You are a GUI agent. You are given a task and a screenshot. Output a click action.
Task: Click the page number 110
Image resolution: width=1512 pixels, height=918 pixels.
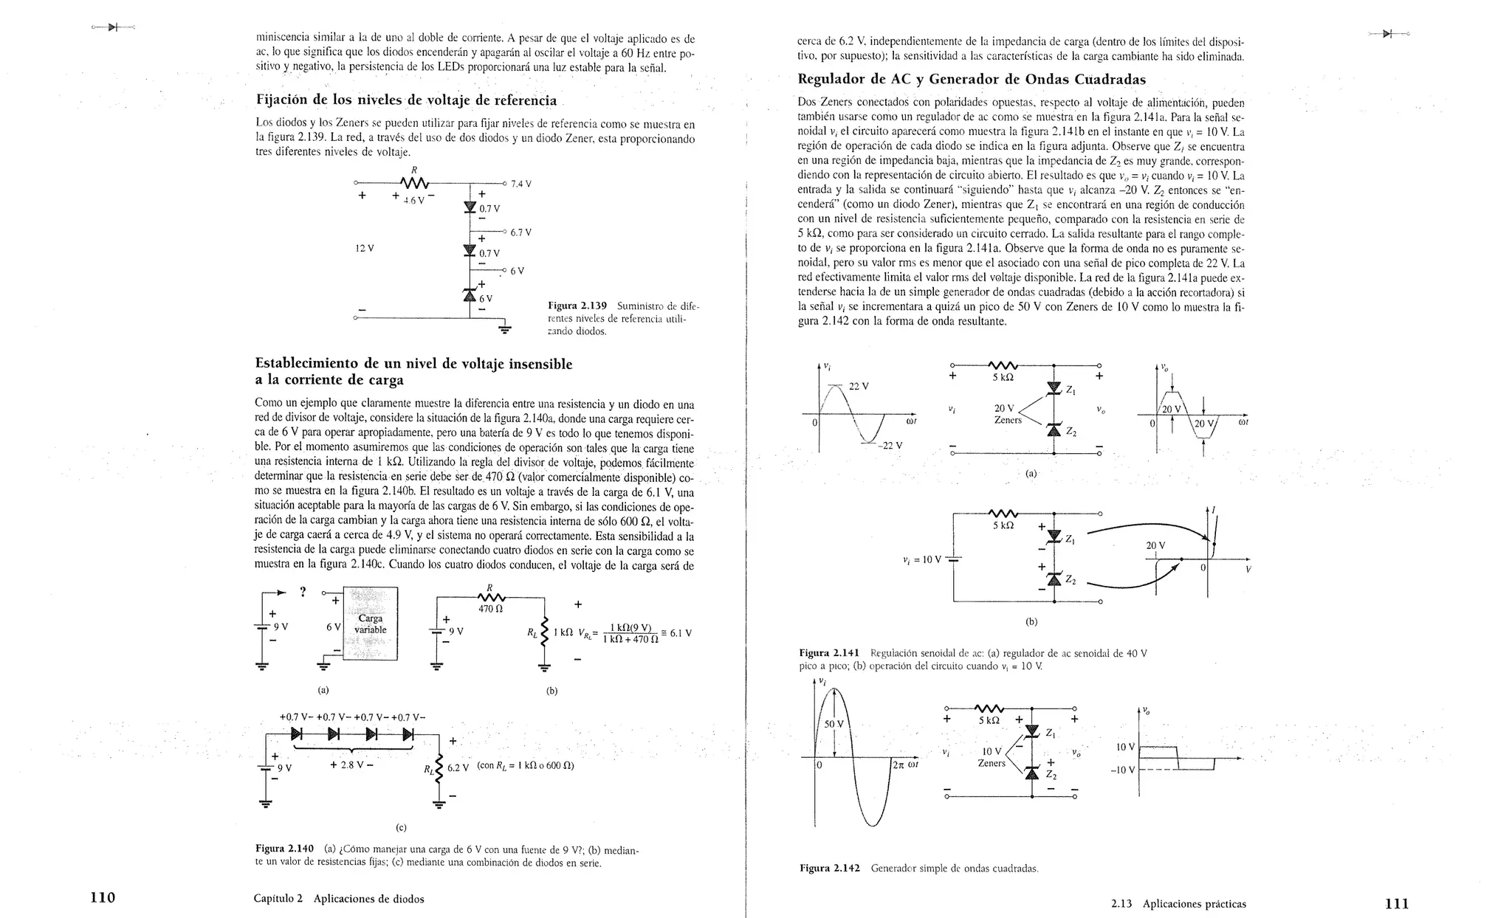point(103,897)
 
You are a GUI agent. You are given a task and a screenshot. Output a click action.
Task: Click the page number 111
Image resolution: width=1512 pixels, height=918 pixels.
point(1397,903)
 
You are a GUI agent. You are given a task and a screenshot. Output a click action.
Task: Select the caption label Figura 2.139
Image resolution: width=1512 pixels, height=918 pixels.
point(577,306)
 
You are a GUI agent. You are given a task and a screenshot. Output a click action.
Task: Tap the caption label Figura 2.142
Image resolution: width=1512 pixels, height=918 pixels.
point(830,868)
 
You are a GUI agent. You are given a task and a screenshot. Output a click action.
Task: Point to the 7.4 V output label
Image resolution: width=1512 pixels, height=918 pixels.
point(521,184)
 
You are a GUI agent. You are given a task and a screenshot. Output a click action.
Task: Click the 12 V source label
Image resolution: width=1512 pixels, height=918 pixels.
point(365,248)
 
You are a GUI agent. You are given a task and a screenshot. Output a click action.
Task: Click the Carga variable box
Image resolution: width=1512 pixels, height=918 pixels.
point(370,624)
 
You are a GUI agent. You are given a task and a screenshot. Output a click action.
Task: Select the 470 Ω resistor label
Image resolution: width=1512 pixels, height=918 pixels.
point(490,609)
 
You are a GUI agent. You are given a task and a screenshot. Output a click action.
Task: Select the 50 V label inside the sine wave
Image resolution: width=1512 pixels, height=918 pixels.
point(834,724)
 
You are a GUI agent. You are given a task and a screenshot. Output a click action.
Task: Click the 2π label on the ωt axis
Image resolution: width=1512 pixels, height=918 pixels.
point(898,765)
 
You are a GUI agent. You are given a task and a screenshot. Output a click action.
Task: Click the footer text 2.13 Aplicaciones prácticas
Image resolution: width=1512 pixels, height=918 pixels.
point(1178,903)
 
